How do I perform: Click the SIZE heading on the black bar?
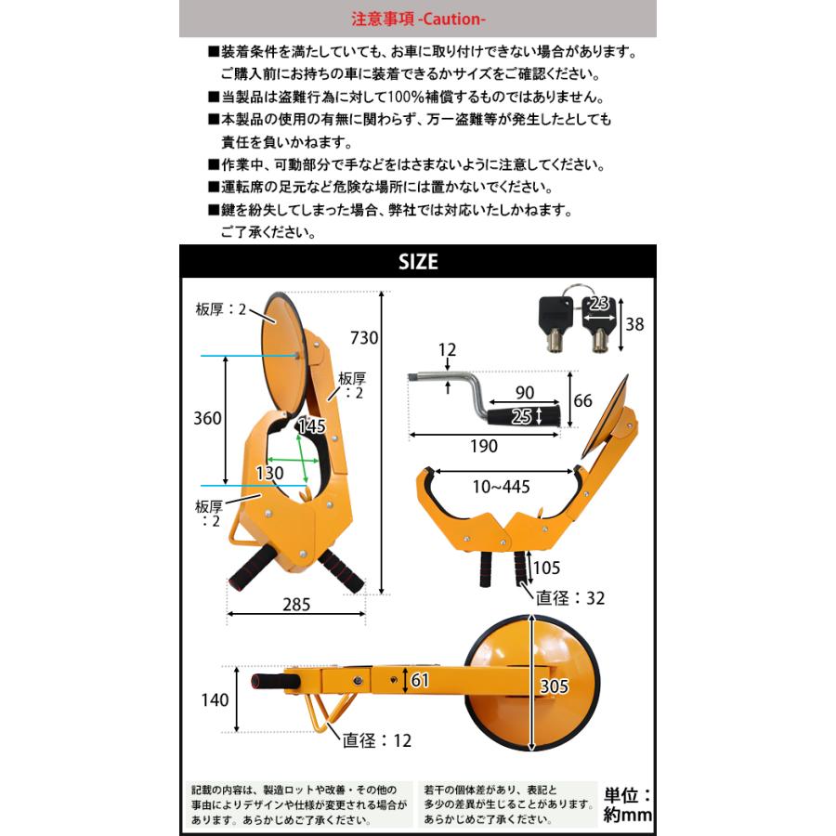coord(418,262)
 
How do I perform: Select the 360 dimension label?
coord(207,418)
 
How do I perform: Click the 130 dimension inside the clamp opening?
coord(269,473)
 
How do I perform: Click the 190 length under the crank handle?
coord(483,446)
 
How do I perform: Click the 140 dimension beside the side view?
coord(215,699)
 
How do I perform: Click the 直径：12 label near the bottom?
coord(376,740)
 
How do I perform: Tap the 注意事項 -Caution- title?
coord(417,18)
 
